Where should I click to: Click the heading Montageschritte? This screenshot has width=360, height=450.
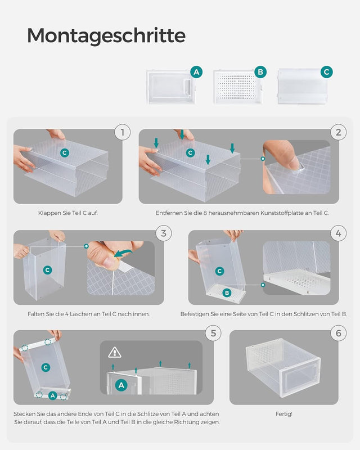(106, 35)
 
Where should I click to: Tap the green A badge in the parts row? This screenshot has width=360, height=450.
(196, 72)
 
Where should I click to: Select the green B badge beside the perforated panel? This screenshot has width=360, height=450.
(260, 72)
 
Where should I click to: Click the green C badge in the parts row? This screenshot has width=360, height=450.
(326, 72)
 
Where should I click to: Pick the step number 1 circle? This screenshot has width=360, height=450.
(122, 133)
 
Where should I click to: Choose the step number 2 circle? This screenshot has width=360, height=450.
(338, 133)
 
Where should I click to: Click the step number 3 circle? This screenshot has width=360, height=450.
(163, 233)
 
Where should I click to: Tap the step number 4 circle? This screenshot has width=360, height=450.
(338, 233)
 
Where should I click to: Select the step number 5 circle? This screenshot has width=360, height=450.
(213, 333)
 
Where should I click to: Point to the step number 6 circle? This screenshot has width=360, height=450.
(338, 333)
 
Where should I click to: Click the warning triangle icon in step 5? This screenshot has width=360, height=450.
(115, 352)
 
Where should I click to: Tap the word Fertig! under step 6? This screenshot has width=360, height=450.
(283, 414)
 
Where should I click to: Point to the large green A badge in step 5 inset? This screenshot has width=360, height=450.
(121, 385)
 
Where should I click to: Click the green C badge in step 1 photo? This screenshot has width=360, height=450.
(65, 152)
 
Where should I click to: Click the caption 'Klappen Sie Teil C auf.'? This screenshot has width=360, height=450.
(67, 214)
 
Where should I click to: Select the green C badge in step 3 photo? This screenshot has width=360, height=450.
(47, 270)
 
